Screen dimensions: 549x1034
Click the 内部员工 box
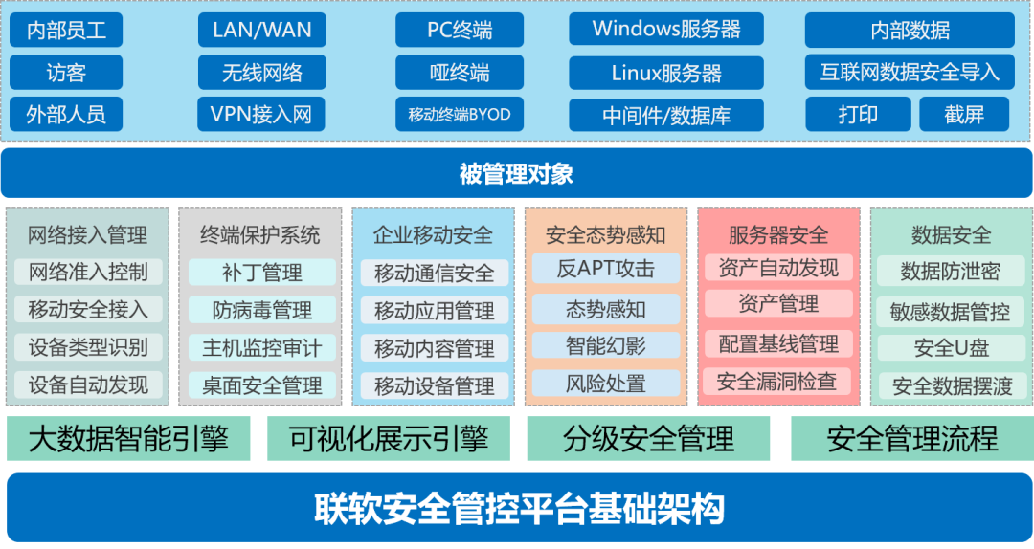66,31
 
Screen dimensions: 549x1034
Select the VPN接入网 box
261,115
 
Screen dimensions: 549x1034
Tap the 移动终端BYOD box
460,115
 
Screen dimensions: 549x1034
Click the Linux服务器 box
666,73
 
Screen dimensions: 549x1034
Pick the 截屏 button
964,115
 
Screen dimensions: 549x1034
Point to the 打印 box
858,115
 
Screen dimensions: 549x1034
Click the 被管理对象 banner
516,173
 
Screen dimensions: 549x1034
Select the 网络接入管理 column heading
87,234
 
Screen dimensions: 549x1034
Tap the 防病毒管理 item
262,310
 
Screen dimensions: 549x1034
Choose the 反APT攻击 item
605,269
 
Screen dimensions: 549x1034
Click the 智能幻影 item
605,346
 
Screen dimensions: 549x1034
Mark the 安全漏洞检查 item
776,382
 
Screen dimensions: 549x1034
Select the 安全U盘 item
950,348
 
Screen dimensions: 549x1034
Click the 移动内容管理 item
435,348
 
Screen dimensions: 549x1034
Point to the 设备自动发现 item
88,385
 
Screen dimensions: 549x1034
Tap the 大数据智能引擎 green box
128,439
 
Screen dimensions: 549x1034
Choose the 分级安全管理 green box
648,439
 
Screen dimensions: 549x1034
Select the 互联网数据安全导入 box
909,72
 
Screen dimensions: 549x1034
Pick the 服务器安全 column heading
777,234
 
